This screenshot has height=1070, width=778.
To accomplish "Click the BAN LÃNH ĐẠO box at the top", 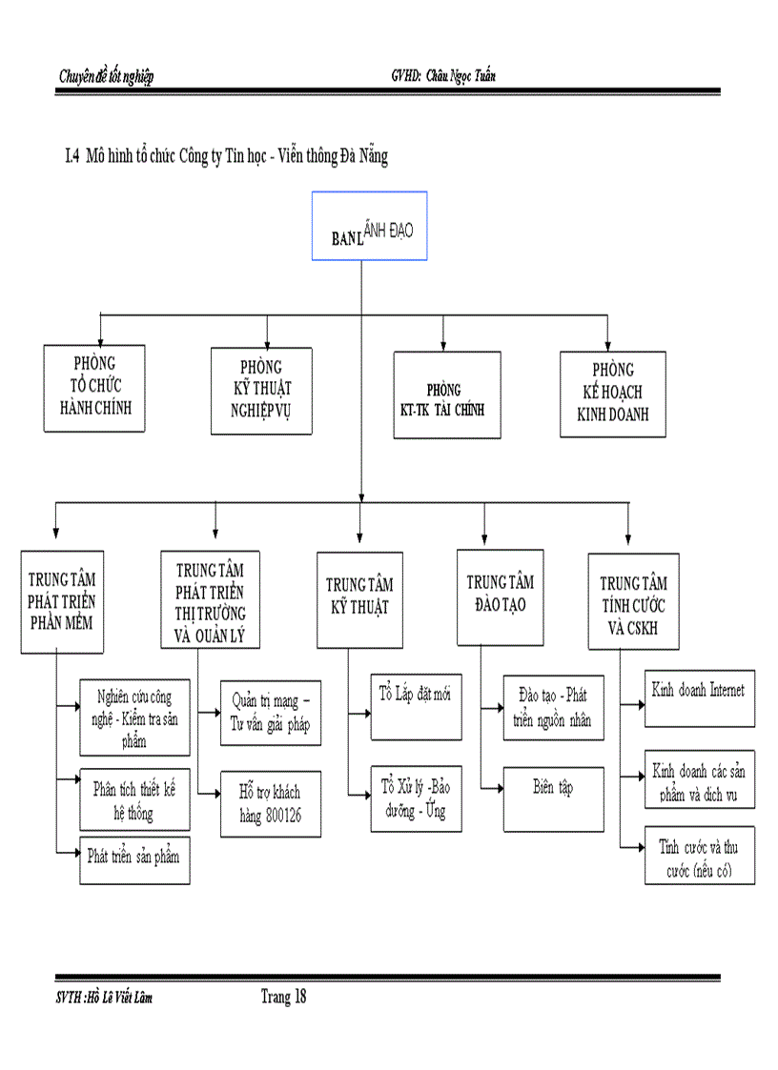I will point(369,226).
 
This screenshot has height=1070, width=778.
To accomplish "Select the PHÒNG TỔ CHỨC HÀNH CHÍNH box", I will point(94,388).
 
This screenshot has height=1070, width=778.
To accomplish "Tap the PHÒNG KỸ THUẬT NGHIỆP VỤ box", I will point(261,391).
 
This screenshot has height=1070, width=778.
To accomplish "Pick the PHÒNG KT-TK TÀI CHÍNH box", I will point(447,394).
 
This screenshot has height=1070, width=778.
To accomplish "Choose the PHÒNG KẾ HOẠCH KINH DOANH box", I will point(613,394).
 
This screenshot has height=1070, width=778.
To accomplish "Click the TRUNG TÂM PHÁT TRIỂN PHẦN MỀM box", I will point(62,602).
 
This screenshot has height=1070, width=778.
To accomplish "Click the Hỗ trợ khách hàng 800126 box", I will point(270,803).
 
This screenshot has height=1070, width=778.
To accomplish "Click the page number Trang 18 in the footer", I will point(283,998).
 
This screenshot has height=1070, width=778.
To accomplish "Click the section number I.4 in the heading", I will point(70,158).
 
